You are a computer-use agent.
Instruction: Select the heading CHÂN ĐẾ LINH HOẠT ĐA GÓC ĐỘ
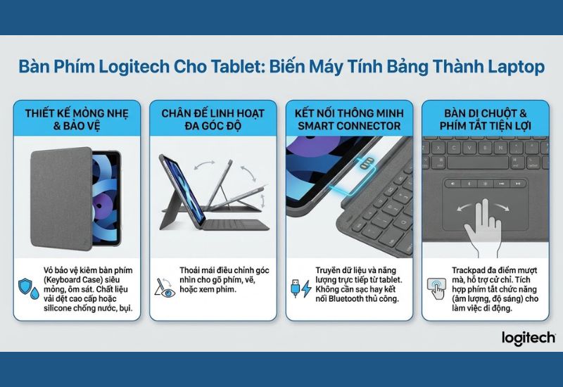(x=213, y=119)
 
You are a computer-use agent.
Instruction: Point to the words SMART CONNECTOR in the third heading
(x=349, y=126)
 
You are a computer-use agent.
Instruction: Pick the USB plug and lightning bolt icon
(x=299, y=288)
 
